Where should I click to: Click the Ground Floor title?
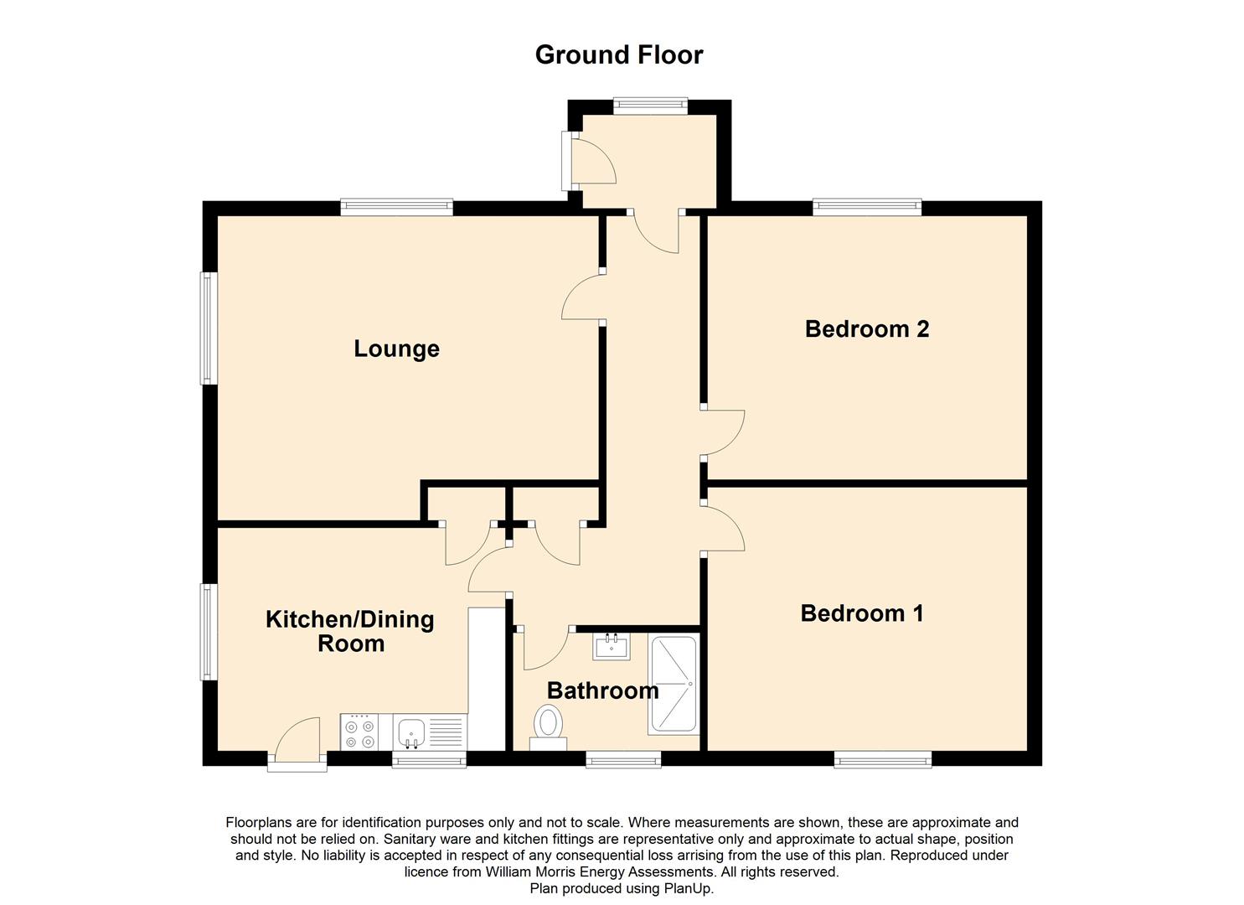[619, 55]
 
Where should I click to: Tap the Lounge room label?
[396, 349]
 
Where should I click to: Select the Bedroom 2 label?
[866, 328]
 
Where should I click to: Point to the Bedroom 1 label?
[862, 613]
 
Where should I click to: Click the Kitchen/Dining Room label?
[350, 631]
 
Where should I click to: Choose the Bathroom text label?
[602, 690]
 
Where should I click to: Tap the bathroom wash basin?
[612, 646]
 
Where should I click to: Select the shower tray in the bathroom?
[673, 685]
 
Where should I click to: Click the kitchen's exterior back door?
[297, 742]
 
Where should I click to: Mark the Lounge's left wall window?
[209, 328]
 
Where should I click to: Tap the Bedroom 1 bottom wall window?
[883, 759]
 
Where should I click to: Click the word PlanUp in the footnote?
[688, 888]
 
